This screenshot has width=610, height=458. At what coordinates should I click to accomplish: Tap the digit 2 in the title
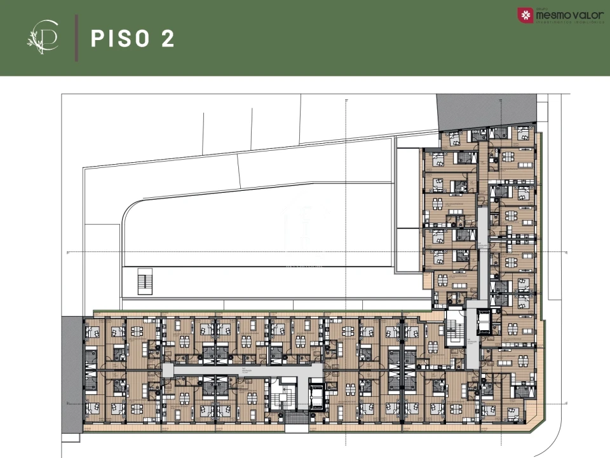168,38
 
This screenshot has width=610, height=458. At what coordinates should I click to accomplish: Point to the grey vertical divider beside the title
77,39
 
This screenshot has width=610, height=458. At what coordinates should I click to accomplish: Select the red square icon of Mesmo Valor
525,15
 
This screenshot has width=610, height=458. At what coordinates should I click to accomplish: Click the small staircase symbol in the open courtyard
146,281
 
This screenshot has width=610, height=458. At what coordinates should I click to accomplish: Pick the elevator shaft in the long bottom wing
316,395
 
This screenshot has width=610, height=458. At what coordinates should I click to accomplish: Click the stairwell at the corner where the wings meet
455,325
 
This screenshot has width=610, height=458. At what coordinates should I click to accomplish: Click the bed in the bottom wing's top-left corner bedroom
93,331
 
